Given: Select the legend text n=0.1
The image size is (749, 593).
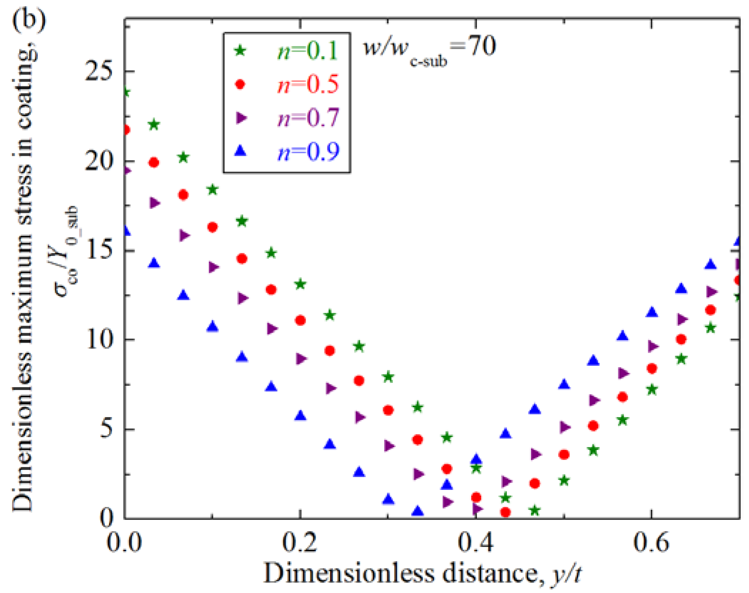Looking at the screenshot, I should coord(307,51).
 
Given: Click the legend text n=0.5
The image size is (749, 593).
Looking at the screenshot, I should coord(307,85).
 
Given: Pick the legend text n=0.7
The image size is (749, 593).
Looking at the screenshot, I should coord(307,118).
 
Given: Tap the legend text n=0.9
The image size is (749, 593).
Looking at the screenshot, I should coord(307,151).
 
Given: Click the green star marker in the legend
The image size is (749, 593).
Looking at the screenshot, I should coord(240,51).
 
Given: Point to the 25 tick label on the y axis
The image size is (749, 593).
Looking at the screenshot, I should coord(98,71).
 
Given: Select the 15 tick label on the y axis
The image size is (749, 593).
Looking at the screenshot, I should coord(98,250).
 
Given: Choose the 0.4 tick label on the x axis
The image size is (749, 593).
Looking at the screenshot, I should coord(475,542).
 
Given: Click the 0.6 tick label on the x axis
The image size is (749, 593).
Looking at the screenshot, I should coord(651,542).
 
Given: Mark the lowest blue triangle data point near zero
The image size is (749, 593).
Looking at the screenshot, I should coord(417,511).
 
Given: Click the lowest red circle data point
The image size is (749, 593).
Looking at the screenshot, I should coord(505,512).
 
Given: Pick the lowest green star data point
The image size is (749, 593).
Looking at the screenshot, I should coord(534,511).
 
